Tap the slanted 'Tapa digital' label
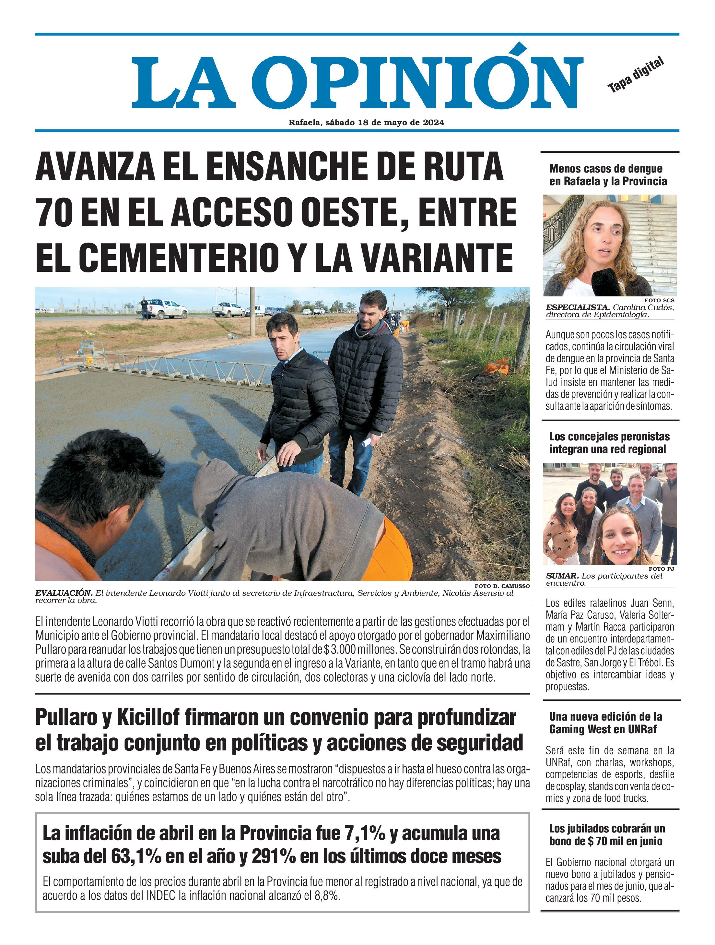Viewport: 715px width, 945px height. click(636, 75)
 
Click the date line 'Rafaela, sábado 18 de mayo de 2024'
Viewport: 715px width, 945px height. click(366, 123)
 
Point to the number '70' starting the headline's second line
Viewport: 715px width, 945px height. click(54, 212)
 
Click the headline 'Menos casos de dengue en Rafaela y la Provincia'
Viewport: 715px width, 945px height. click(608, 175)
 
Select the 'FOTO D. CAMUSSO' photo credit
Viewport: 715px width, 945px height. click(502, 586)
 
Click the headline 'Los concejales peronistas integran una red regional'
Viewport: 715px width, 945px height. click(609, 443)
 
